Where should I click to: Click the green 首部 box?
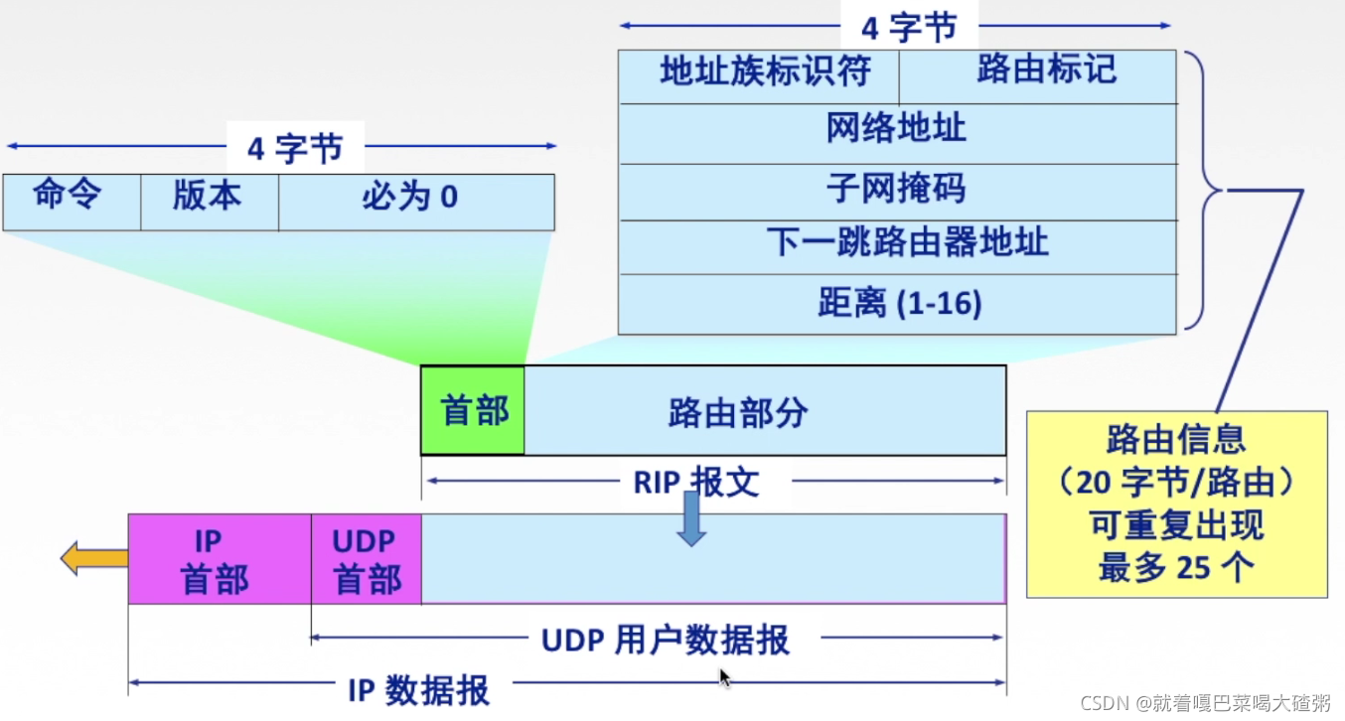click(473, 410)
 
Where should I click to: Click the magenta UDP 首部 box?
click(366, 559)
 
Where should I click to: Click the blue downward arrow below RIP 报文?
click(691, 519)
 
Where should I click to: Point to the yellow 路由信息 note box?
click(1176, 504)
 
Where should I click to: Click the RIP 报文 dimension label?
click(696, 482)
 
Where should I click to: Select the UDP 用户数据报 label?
click(665, 641)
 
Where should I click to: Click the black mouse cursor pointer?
click(724, 678)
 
